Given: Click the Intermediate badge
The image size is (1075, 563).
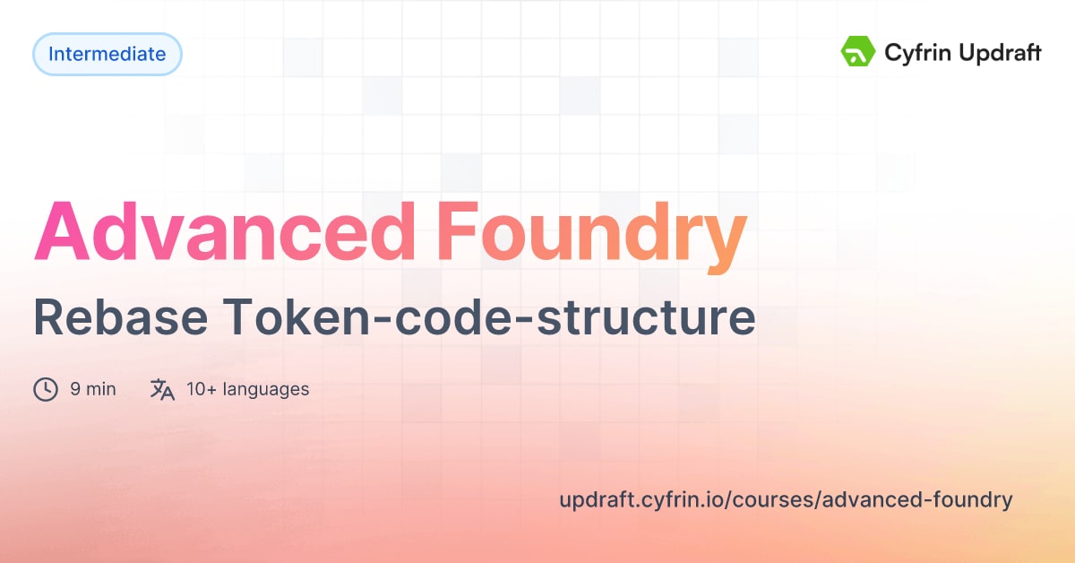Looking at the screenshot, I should pos(107,54).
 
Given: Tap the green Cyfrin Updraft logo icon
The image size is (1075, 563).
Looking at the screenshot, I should pos(857,52).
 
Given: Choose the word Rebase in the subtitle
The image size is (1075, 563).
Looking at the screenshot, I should pos(118,318).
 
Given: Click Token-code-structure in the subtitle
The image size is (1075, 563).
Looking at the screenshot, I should pos(488,318).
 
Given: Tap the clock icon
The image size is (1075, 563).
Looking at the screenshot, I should pos(46,389).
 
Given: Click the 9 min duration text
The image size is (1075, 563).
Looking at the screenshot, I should pos(93,389).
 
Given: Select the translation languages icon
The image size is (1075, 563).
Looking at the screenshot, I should pos(162,389).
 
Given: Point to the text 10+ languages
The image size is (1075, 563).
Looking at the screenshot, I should pos(248,389).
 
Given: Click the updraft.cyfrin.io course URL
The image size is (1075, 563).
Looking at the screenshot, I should pos(786,500).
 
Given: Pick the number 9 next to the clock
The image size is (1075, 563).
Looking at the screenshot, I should pos(75,389).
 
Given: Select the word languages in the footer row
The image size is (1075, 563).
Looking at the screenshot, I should pos(266,389).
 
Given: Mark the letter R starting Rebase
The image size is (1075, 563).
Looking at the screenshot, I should pos(49,318).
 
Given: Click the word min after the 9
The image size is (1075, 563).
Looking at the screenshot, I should pos(101,389).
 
